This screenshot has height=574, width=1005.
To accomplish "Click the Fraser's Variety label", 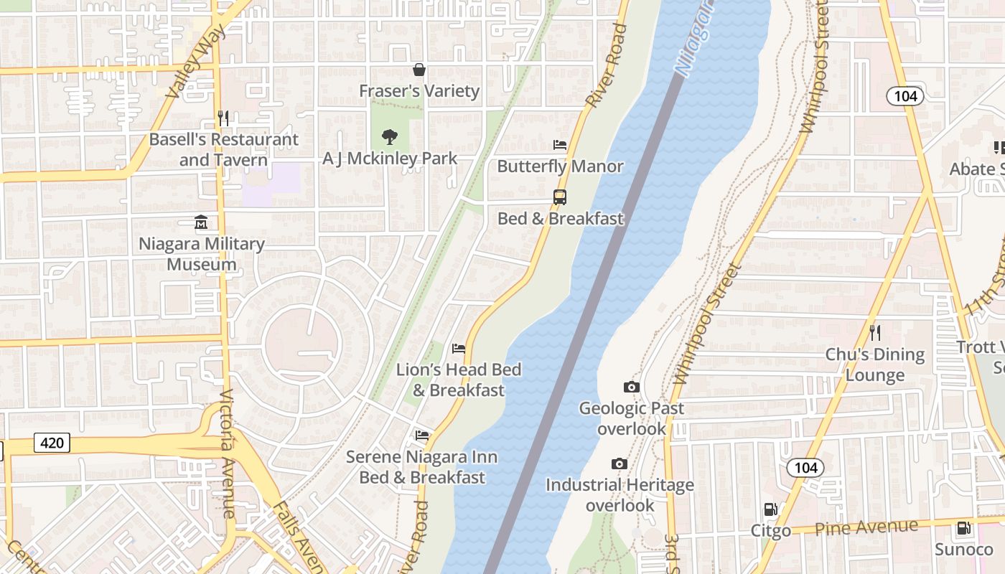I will pyautogui.click(x=419, y=91).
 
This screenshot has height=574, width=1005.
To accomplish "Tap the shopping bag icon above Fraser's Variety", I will pyautogui.click(x=419, y=70).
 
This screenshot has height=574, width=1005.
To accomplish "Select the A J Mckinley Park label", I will pyautogui.click(x=390, y=159).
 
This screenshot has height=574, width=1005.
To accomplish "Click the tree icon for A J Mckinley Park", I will pyautogui.click(x=390, y=136).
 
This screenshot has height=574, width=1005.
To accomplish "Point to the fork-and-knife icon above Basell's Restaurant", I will pyautogui.click(x=223, y=118).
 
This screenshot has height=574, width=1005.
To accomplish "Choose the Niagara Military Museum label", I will pyautogui.click(x=202, y=254).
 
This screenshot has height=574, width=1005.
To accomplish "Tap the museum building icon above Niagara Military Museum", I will pyautogui.click(x=202, y=222).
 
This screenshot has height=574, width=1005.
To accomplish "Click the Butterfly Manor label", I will pyautogui.click(x=560, y=166).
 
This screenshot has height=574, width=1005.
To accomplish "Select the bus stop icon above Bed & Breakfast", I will pyautogui.click(x=560, y=197).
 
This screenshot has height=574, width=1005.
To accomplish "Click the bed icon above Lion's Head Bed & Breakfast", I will pyautogui.click(x=459, y=349).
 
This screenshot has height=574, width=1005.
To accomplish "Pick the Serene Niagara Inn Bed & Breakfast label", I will pyautogui.click(x=422, y=467).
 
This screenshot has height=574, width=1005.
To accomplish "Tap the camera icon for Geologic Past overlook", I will pyautogui.click(x=632, y=387).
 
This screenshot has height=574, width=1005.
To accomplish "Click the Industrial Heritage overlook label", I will pyautogui.click(x=620, y=495).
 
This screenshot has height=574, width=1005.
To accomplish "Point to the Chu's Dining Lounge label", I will pyautogui.click(x=874, y=364).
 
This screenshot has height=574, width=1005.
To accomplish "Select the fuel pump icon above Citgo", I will pyautogui.click(x=770, y=509).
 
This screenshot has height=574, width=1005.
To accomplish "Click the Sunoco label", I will pyautogui.click(x=963, y=550).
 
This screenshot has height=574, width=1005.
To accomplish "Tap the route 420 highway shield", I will pyautogui.click(x=52, y=443).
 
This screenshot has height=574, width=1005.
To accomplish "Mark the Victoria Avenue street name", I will pyautogui.click(x=228, y=453).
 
